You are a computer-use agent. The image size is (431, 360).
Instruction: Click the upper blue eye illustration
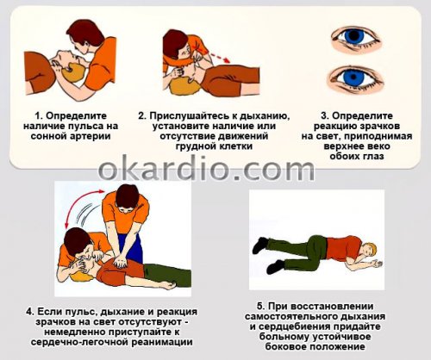[356, 39]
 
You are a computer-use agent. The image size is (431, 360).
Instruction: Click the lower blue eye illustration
[355, 79]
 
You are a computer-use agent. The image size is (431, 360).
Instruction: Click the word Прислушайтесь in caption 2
[190, 116]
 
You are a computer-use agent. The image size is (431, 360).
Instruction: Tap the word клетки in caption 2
[234, 146]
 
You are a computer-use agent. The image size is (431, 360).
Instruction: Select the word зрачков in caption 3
[380, 127]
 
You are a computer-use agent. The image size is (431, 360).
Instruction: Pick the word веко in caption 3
[378, 146]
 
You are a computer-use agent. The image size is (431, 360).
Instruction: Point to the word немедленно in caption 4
[75, 332]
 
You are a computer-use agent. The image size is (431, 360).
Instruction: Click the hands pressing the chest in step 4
[121, 262]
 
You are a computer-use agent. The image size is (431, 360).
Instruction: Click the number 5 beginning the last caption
[260, 307]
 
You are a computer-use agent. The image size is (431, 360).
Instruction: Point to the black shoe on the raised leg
[260, 245]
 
